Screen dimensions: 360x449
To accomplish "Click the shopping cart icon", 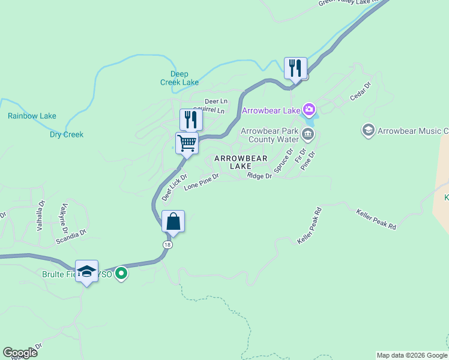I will pyautogui.click(x=187, y=144).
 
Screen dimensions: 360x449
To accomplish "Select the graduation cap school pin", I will pyautogui.click(x=87, y=271).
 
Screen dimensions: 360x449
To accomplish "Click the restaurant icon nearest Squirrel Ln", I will pyautogui.click(x=191, y=119).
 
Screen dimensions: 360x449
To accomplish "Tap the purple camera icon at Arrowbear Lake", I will pyautogui.click(x=309, y=109).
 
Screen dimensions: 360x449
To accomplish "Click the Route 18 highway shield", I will pyautogui.click(x=166, y=245).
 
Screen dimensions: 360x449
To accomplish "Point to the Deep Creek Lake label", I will pyautogui.click(x=179, y=78).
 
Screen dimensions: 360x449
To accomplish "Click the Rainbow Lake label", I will pyautogui.click(x=32, y=116).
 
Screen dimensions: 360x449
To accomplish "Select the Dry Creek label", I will pyautogui.click(x=66, y=134).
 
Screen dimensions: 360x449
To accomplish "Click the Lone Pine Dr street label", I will pyautogui.click(x=201, y=182).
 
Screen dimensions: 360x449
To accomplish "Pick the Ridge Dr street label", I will pyautogui.click(x=259, y=176).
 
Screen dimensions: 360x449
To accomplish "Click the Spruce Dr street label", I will pyautogui.click(x=283, y=162).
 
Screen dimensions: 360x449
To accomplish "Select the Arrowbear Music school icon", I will pyautogui.click(x=368, y=130).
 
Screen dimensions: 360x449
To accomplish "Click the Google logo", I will pyautogui.click(x=20, y=353).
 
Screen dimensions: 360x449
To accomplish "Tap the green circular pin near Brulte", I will pyautogui.click(x=121, y=274).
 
